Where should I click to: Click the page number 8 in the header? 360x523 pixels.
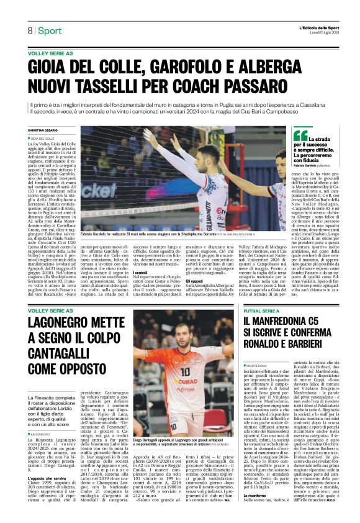[x=30, y=30]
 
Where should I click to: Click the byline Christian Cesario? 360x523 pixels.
[x=43, y=130]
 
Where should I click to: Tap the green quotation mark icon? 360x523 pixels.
[x=302, y=135]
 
